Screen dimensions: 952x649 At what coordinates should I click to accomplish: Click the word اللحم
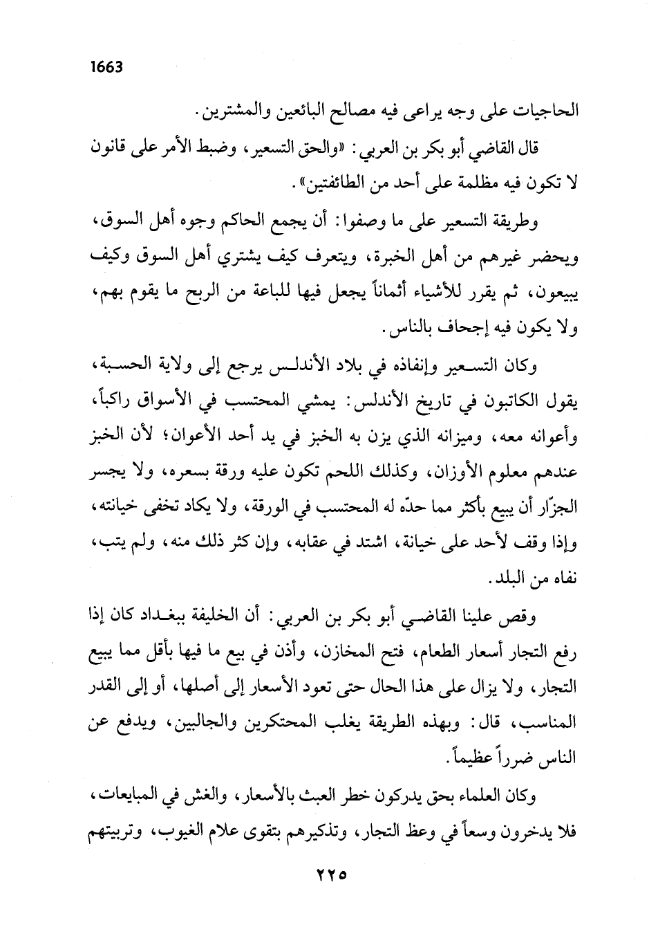334,475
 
